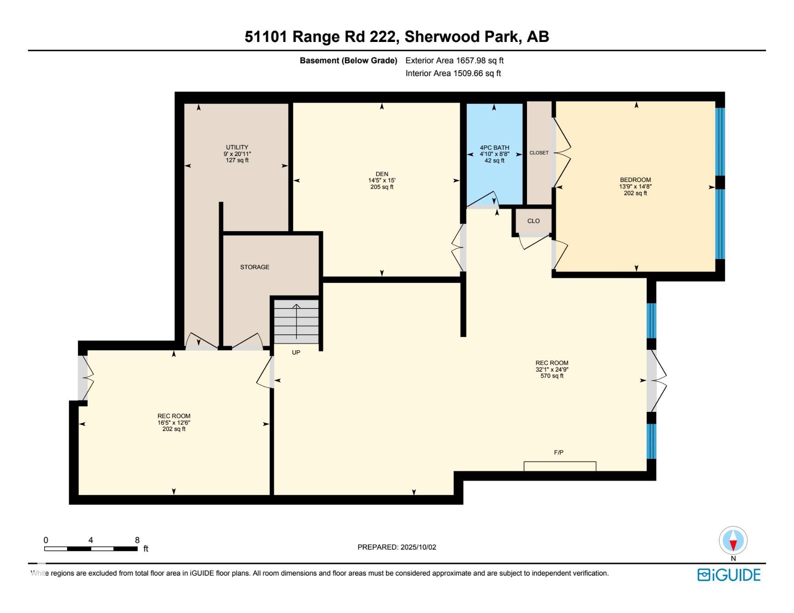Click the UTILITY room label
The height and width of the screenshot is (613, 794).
click(x=237, y=147)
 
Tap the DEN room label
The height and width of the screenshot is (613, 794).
click(x=382, y=174)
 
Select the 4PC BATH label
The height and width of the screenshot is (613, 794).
click(x=495, y=148)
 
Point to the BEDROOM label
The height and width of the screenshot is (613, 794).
click(x=635, y=180)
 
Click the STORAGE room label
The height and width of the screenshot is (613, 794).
click(x=255, y=267)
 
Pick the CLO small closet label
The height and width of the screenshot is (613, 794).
click(x=533, y=221)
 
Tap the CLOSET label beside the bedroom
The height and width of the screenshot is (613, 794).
click(x=539, y=153)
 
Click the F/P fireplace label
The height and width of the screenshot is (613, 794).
click(x=559, y=452)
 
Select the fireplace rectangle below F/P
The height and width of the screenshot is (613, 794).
click(x=560, y=466)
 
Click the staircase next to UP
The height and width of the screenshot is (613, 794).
click(x=296, y=322)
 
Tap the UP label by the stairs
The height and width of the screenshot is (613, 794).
click(x=296, y=353)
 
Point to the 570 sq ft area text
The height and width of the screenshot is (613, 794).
click(x=552, y=376)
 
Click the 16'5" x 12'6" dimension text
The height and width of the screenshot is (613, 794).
click(x=174, y=422)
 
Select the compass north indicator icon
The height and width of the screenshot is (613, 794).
click(x=733, y=540)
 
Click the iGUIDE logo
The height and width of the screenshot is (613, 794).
click(x=729, y=575)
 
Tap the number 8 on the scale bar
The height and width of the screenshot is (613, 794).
click(x=137, y=540)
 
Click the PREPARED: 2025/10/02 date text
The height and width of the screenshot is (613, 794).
click(x=397, y=547)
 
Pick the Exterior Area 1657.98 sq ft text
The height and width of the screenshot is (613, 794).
click(x=454, y=60)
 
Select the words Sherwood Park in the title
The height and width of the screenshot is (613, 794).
click(x=462, y=36)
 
